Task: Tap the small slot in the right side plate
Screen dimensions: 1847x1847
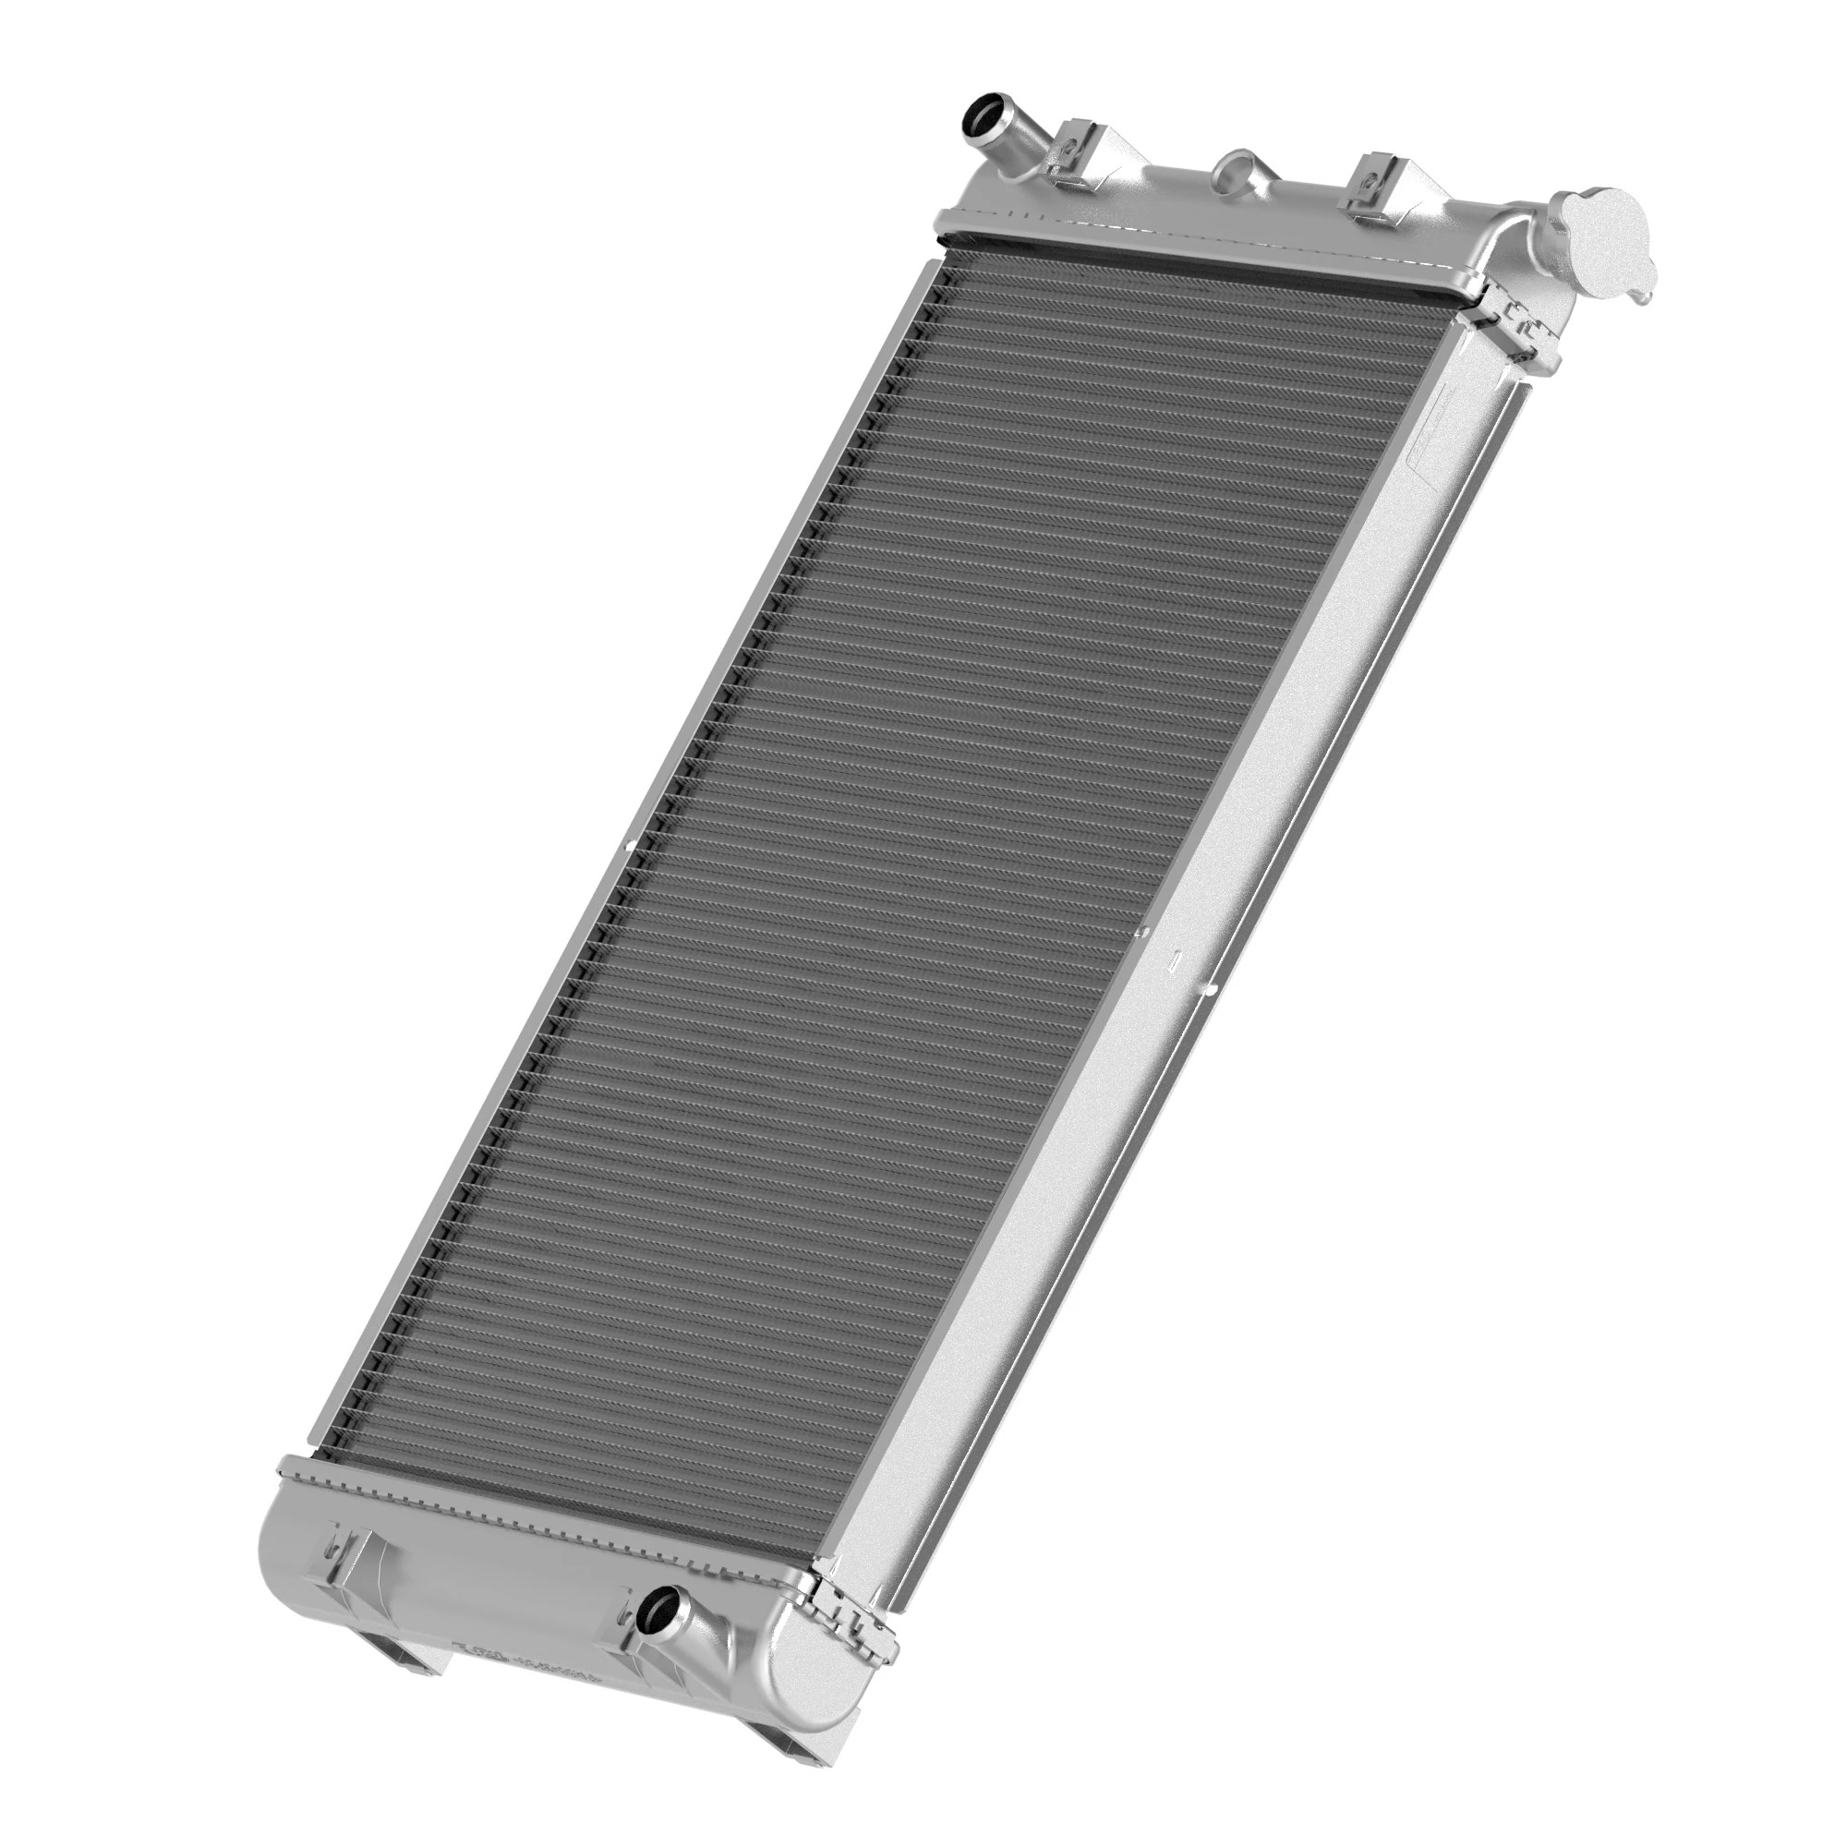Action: click(1177, 955)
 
